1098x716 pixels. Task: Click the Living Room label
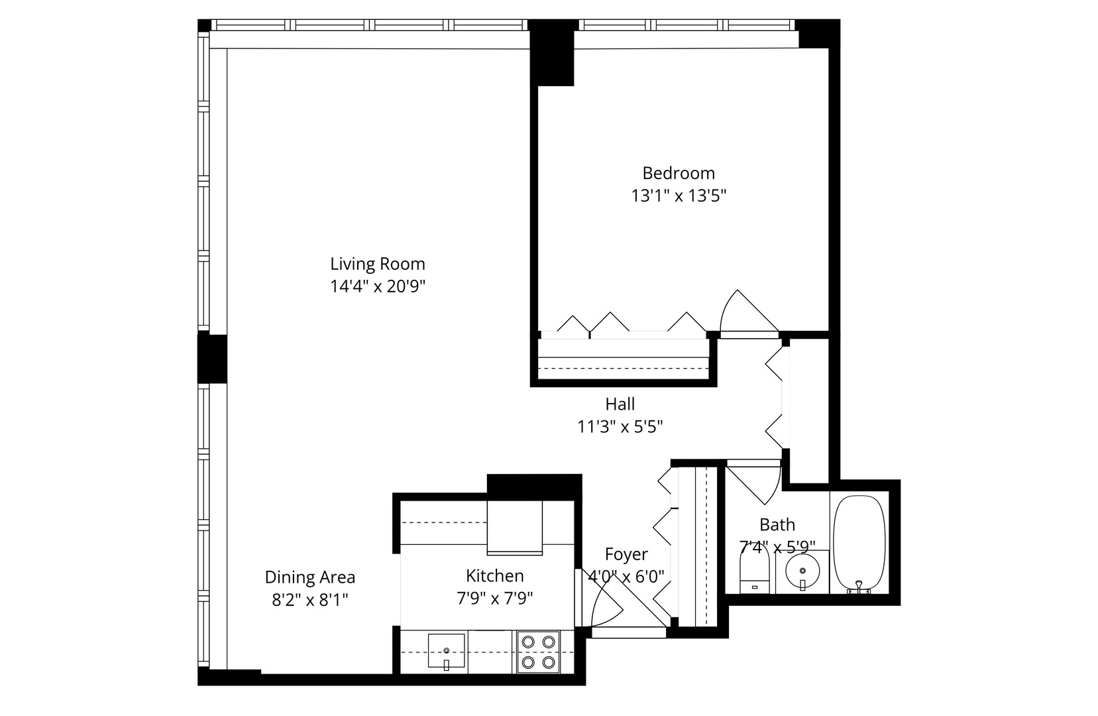tap(377, 264)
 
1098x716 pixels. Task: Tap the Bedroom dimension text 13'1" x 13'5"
tap(679, 196)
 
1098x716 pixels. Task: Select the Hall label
tap(620, 404)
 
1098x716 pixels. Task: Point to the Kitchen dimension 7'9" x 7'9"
tap(494, 599)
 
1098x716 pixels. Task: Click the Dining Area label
tap(309, 577)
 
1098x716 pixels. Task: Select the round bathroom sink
tap(802, 571)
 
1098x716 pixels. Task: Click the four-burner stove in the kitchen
tap(538, 652)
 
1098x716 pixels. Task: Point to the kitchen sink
tap(446, 650)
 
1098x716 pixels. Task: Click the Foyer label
tap(626, 554)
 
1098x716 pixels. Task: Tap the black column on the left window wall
tap(213, 359)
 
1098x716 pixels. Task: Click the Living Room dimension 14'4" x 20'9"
tap(377, 286)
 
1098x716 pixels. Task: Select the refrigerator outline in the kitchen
tap(515, 528)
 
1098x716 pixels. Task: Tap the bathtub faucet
tap(859, 586)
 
